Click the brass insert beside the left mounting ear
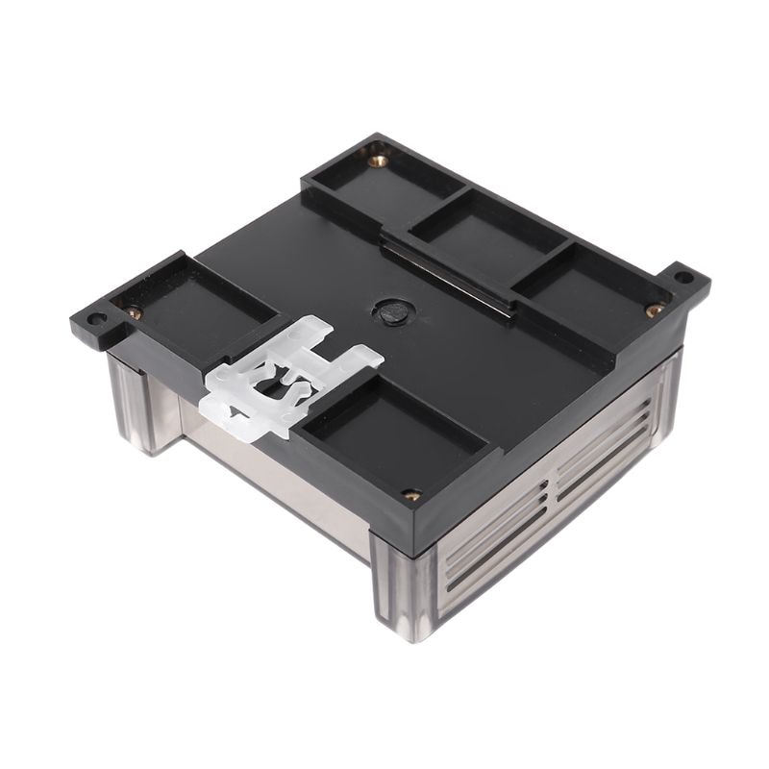[x=134, y=311]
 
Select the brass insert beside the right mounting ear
[x=653, y=310]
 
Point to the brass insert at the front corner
[x=411, y=495]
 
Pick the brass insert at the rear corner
[x=379, y=161]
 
